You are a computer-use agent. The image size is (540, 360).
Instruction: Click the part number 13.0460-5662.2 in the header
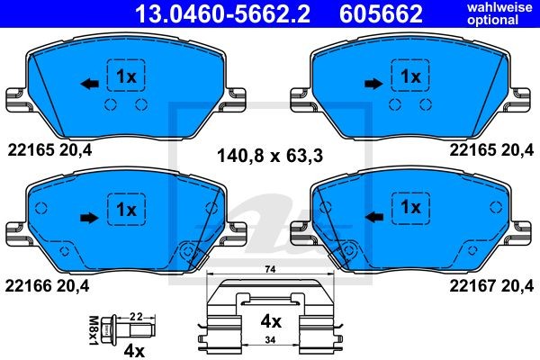[x=223, y=13]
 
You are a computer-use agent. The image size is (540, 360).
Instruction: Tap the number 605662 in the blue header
[x=381, y=13]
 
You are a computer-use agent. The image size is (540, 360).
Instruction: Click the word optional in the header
[x=493, y=20]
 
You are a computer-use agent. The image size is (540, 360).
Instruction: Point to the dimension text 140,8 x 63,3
[x=270, y=156]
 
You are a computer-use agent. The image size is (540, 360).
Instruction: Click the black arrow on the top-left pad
[x=89, y=84]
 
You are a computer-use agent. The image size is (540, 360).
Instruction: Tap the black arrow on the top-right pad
[x=373, y=84]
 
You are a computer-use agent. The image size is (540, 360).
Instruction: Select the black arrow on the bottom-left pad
[x=89, y=218]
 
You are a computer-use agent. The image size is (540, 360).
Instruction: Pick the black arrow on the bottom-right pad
[x=373, y=217]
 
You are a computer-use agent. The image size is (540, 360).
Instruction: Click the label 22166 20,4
[x=47, y=285]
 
